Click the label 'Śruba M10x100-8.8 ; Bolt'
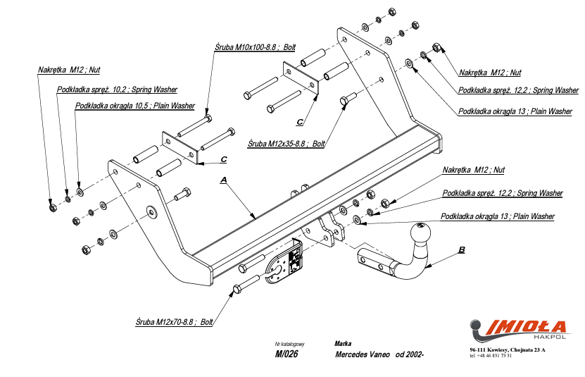255,47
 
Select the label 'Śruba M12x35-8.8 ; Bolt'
286,143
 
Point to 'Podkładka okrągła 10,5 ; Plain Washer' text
135,106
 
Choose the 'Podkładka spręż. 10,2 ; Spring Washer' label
117,89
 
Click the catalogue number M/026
287,354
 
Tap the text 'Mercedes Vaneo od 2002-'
379,354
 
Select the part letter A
223,180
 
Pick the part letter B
461,249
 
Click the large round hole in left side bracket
151,211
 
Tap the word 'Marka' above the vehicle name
344,343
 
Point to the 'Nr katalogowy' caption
289,343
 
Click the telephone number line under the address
491,355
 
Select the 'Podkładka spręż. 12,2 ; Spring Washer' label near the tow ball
502,193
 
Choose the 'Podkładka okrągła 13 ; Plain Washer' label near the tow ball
497,216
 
